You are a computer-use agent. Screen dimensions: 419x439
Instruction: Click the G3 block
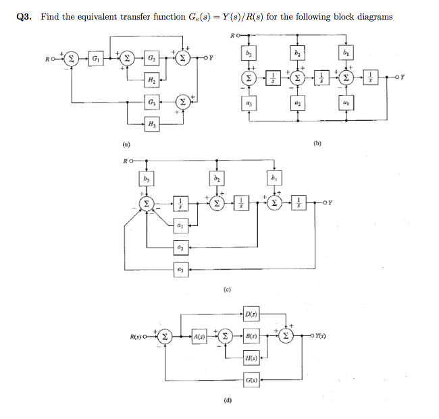(152, 103)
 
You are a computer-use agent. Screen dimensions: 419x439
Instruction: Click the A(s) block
(200, 336)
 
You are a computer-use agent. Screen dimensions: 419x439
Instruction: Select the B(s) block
(251, 336)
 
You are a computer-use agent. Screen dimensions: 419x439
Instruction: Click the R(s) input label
(142, 336)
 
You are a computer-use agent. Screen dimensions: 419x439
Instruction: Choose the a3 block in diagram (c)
(179, 269)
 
